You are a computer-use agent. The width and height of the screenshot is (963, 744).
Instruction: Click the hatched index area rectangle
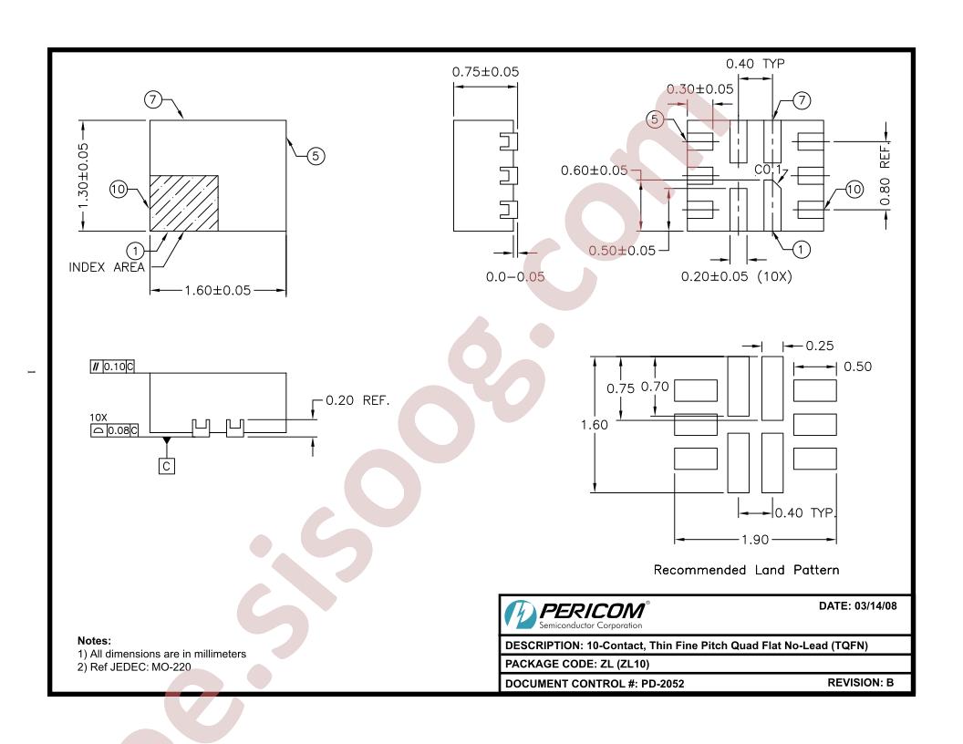(x=184, y=203)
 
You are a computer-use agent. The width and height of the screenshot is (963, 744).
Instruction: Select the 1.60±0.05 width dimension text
(x=218, y=290)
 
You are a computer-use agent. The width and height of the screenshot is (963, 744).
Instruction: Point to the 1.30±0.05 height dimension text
(x=84, y=176)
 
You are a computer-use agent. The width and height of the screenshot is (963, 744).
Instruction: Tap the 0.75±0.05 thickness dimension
(x=485, y=72)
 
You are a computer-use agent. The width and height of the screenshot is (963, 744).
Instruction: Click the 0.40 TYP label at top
(x=755, y=64)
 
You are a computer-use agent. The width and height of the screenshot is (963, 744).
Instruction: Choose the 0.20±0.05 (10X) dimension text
(x=736, y=277)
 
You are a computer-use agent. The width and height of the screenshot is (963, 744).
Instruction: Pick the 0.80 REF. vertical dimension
(x=885, y=175)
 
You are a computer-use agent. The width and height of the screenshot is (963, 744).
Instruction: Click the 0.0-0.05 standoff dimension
(x=514, y=277)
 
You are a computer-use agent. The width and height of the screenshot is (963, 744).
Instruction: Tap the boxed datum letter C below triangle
(x=167, y=467)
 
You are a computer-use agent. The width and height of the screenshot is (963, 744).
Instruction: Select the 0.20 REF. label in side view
(x=357, y=400)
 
